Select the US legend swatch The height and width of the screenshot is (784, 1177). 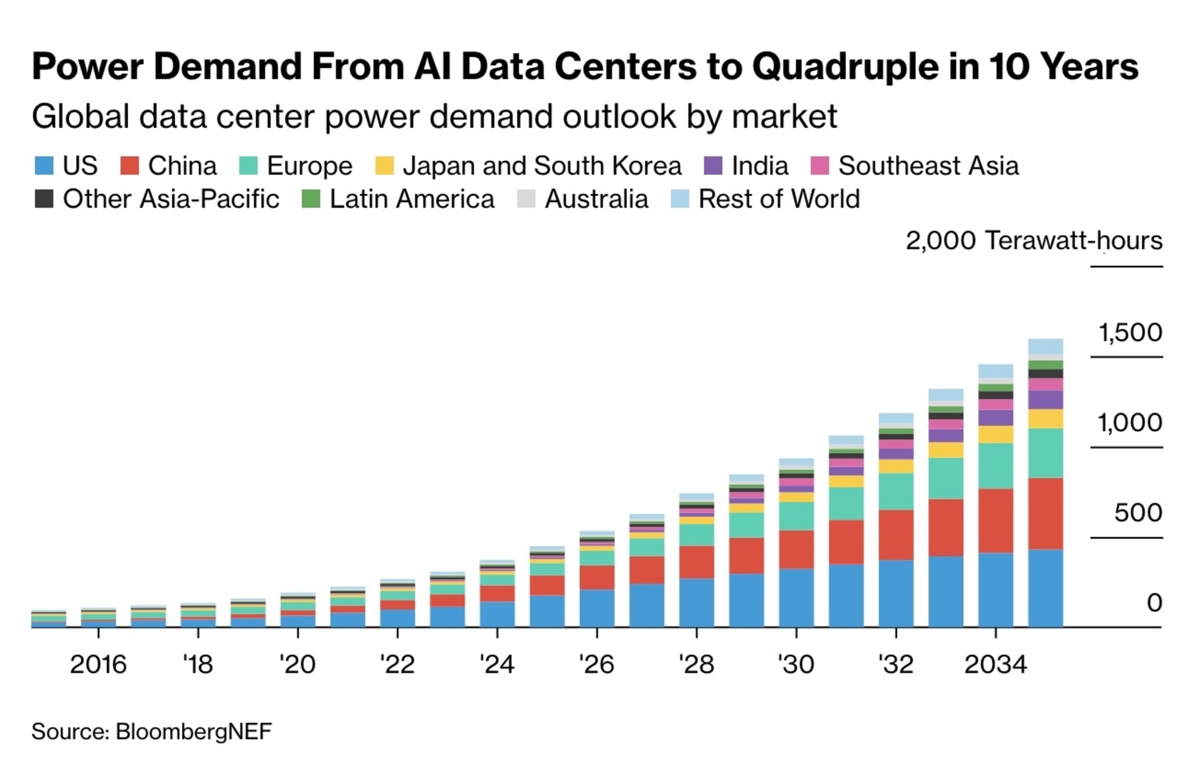pos(44,166)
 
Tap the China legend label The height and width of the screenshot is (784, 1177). pos(182,166)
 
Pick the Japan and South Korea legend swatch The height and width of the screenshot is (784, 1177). pos(384,166)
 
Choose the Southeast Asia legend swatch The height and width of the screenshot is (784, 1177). pos(820,166)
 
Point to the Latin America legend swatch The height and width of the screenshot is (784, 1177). pos(311,199)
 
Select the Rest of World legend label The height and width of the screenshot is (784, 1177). pos(779,199)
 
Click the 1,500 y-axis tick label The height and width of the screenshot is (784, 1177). pos(1130,333)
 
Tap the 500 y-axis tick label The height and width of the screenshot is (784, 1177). pos(1138,513)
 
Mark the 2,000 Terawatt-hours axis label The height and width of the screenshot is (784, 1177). pos(1034,240)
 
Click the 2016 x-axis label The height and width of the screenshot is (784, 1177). pos(98,665)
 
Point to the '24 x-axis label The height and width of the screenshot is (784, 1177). pos(497,665)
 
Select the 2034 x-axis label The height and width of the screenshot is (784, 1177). pos(995,665)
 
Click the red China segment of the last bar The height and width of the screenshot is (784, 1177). pos(1045,513)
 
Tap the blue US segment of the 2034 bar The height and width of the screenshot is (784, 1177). pos(996,589)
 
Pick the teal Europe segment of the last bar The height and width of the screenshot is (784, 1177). pos(1045,453)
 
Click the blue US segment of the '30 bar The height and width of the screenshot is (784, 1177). pos(796,597)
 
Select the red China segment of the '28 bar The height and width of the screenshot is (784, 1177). pos(696,562)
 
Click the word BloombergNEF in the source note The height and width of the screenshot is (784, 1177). pos(194,732)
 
